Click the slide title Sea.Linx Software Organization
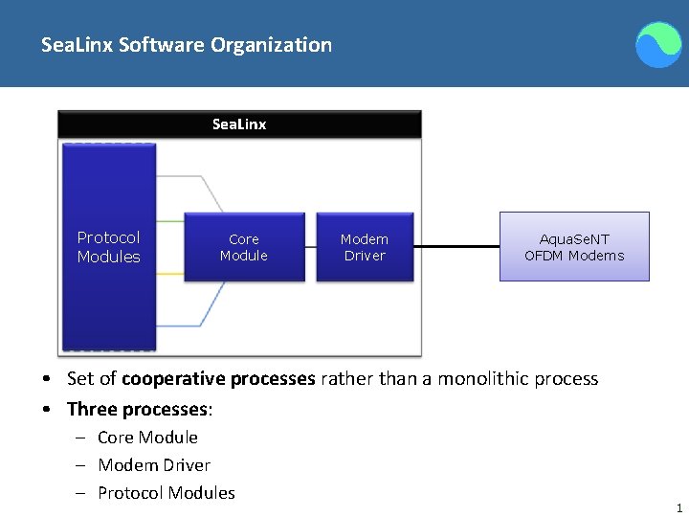click(187, 45)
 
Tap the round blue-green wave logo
click(659, 45)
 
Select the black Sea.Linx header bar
click(239, 124)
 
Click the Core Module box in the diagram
click(243, 247)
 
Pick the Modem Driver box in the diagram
click(365, 247)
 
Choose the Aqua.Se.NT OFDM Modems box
click(574, 247)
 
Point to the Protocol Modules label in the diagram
click(108, 247)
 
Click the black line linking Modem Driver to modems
click(456, 247)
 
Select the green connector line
click(169, 223)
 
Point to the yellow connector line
click(169, 273)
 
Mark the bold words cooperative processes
click(218, 379)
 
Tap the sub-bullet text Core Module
click(147, 438)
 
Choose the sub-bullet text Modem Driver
click(154, 465)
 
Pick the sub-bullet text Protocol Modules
click(167, 493)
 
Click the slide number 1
click(678, 508)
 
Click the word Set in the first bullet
click(80, 379)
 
